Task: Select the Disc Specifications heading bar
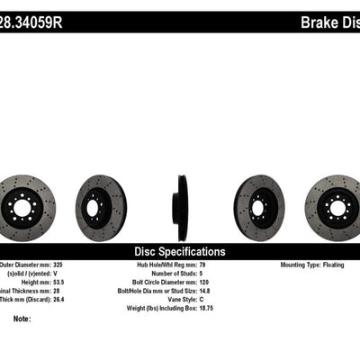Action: click(x=180, y=251)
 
